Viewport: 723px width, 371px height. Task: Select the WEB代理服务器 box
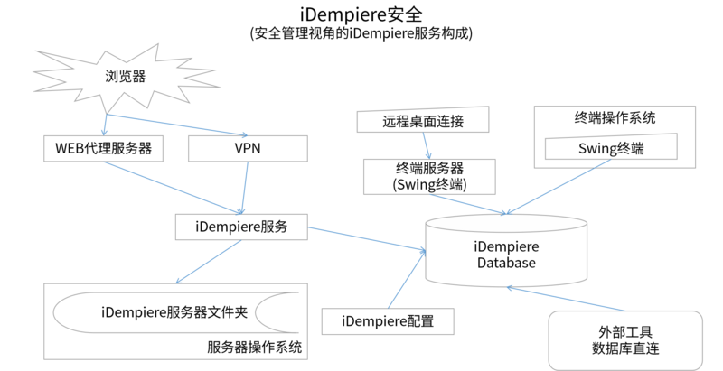click(104, 149)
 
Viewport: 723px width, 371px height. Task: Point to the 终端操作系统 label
click(615, 117)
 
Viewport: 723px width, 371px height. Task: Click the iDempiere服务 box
click(241, 227)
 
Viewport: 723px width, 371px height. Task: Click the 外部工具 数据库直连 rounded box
click(625, 338)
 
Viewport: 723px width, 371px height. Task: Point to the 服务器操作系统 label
click(254, 348)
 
